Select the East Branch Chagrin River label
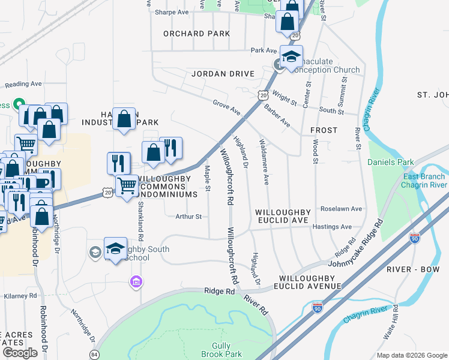(x=424, y=181)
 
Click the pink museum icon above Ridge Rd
(x=136, y=281)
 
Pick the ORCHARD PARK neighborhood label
(x=196, y=34)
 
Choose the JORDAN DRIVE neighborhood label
(x=223, y=74)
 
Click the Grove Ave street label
(x=226, y=107)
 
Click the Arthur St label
(x=188, y=217)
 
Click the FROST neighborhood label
(x=324, y=130)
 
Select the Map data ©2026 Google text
(x=411, y=355)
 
